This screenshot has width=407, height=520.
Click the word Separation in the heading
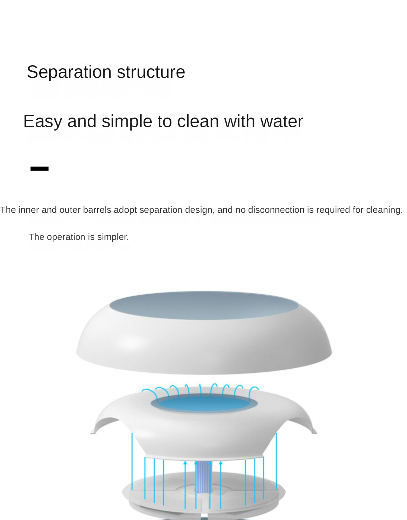point(69,72)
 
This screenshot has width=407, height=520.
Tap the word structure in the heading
point(151,72)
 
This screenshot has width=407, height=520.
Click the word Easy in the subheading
point(43,121)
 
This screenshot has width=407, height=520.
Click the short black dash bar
point(40,169)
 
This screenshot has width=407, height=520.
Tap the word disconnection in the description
point(276,210)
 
